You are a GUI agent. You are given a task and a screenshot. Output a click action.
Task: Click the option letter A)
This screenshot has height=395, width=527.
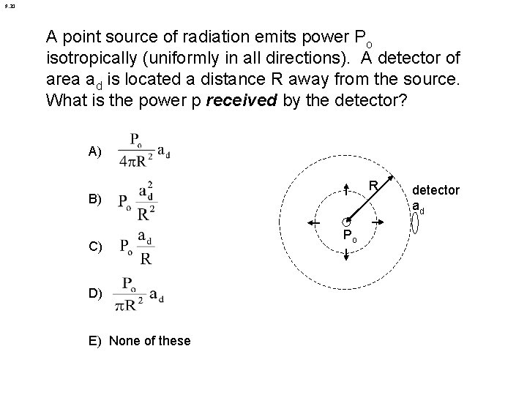pos(94,152)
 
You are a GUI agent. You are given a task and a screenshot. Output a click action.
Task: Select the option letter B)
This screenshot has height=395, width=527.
pos(94,199)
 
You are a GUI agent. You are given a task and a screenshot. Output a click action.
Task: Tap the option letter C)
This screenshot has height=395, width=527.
pos(94,246)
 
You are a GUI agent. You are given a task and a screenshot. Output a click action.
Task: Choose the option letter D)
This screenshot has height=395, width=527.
pos(94,293)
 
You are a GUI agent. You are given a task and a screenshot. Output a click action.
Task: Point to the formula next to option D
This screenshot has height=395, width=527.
pos(138,293)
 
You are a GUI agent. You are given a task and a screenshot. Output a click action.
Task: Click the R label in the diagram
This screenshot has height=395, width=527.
pos(373,187)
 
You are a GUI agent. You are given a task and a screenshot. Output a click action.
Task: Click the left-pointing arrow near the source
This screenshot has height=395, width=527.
pos(316,222)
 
